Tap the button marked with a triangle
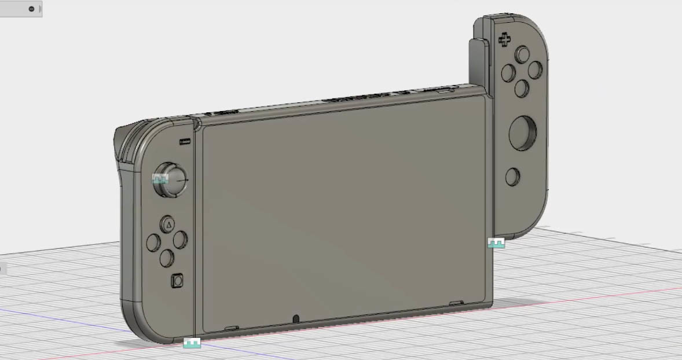(168, 223)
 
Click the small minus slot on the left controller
(185, 141)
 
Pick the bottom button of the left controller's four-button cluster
(167, 258)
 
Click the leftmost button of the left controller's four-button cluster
(153, 242)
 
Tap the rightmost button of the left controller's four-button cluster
(181, 238)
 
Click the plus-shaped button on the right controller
(505, 40)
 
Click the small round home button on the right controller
(512, 177)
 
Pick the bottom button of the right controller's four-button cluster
(521, 88)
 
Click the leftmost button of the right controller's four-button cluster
(508, 73)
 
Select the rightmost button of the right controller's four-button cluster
(535, 69)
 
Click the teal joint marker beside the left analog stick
(160, 179)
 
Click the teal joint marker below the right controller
(496, 243)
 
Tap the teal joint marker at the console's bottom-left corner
(192, 343)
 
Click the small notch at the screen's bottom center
(296, 319)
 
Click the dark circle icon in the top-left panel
(31, 9)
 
